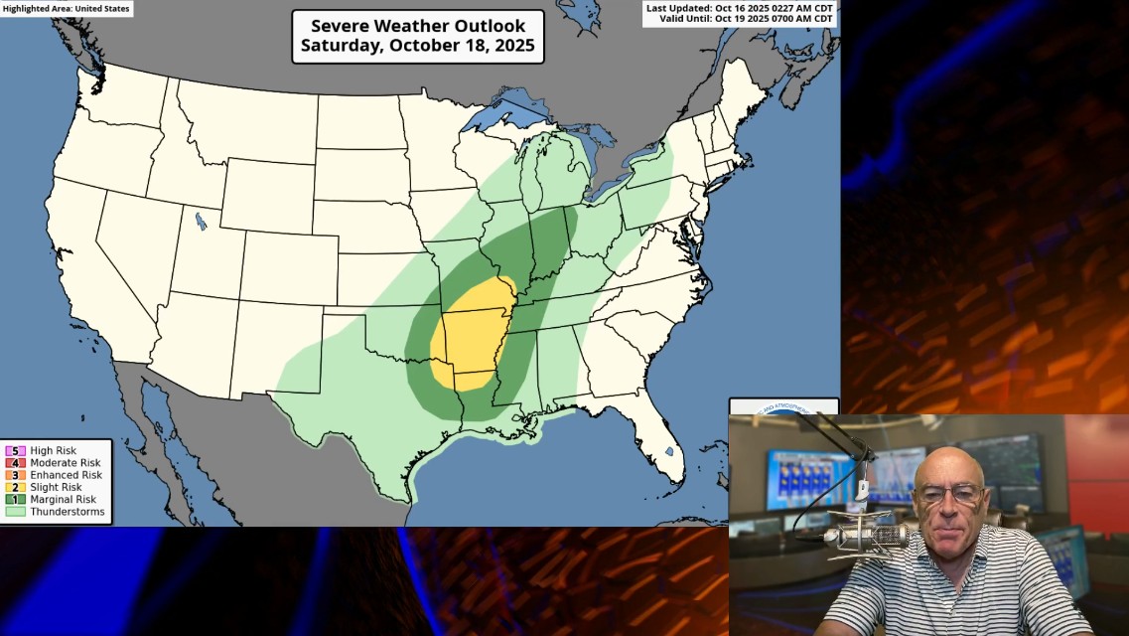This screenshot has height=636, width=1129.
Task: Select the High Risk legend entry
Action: tap(54, 451)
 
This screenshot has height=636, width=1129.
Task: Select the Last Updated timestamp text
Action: tap(741, 8)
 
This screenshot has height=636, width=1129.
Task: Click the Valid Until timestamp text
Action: tap(744, 19)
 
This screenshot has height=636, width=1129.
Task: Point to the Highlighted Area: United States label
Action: tap(66, 8)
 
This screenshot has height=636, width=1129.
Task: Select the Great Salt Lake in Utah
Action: tap(202, 221)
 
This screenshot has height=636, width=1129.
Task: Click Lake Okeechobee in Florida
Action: tap(669, 452)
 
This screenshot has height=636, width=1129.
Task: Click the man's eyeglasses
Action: tap(949, 493)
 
